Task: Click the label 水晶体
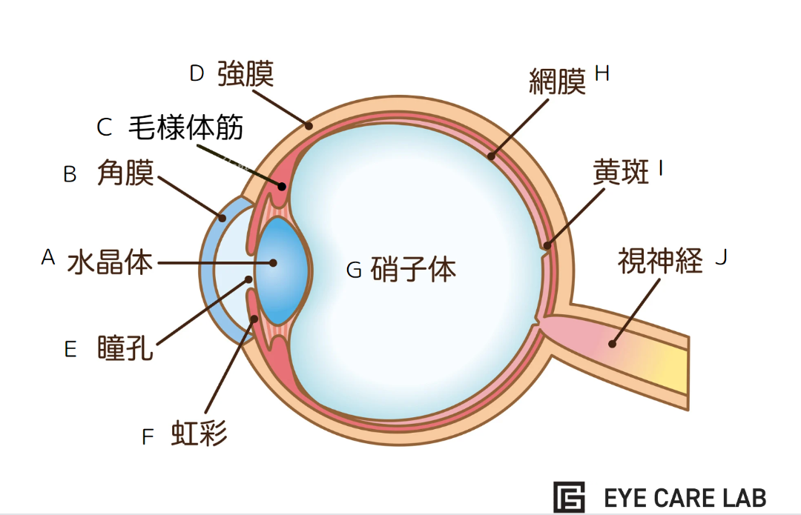110,262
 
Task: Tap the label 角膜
125,174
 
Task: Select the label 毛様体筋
186,127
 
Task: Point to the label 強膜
245,75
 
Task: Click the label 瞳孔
125,348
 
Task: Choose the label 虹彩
199,433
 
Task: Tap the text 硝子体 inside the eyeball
413,270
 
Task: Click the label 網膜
557,81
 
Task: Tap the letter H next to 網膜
601,73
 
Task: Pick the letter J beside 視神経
721,258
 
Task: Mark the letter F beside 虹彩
148,437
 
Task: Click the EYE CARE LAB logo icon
569,496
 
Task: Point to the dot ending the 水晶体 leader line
274,262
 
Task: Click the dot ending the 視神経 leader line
612,342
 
